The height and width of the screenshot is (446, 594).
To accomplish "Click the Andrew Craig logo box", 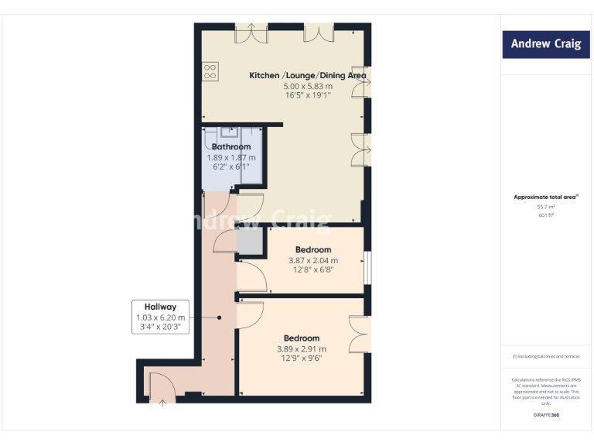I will click(545, 43).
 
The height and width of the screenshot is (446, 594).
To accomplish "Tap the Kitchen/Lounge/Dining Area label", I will click(307, 75).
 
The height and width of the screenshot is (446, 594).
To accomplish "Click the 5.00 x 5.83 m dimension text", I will click(308, 86).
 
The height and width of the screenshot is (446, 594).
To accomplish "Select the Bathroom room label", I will click(231, 146).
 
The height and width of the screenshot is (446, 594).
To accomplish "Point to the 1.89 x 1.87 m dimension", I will click(231, 157).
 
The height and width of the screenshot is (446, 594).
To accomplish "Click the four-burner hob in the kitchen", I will click(210, 71).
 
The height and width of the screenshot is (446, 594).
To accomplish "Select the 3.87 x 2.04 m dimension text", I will click(313, 261).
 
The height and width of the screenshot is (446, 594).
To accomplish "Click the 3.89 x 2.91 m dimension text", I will click(302, 349).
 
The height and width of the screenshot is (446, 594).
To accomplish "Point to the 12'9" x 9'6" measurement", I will click(302, 359).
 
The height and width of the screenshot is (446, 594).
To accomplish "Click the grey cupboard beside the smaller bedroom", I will click(249, 244).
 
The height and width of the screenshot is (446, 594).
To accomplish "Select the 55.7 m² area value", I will click(545, 208).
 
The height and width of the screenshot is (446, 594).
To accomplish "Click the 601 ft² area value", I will click(545, 216).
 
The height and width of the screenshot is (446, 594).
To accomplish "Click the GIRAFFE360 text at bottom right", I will click(545, 416).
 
